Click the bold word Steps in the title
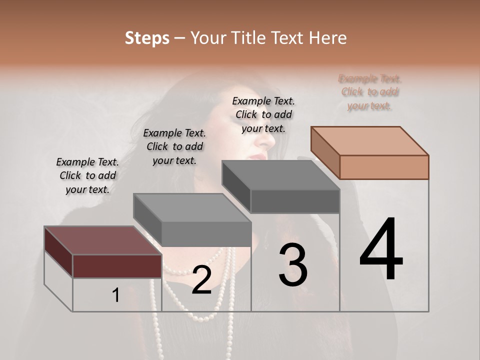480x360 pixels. tap(147, 38)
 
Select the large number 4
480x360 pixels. tap(381, 250)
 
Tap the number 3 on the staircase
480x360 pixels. tap(292, 266)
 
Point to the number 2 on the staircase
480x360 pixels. tap(201, 280)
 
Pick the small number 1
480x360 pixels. tap(116, 295)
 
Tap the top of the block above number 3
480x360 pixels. tap(280, 175)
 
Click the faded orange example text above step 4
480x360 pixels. tap(369, 92)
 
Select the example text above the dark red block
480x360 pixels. tap(87, 175)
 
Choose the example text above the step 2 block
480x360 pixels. tap(174, 146)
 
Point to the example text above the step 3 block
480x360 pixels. tap(263, 114)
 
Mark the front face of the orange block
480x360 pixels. tap(384, 167)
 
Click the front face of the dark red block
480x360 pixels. tap(117, 266)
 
